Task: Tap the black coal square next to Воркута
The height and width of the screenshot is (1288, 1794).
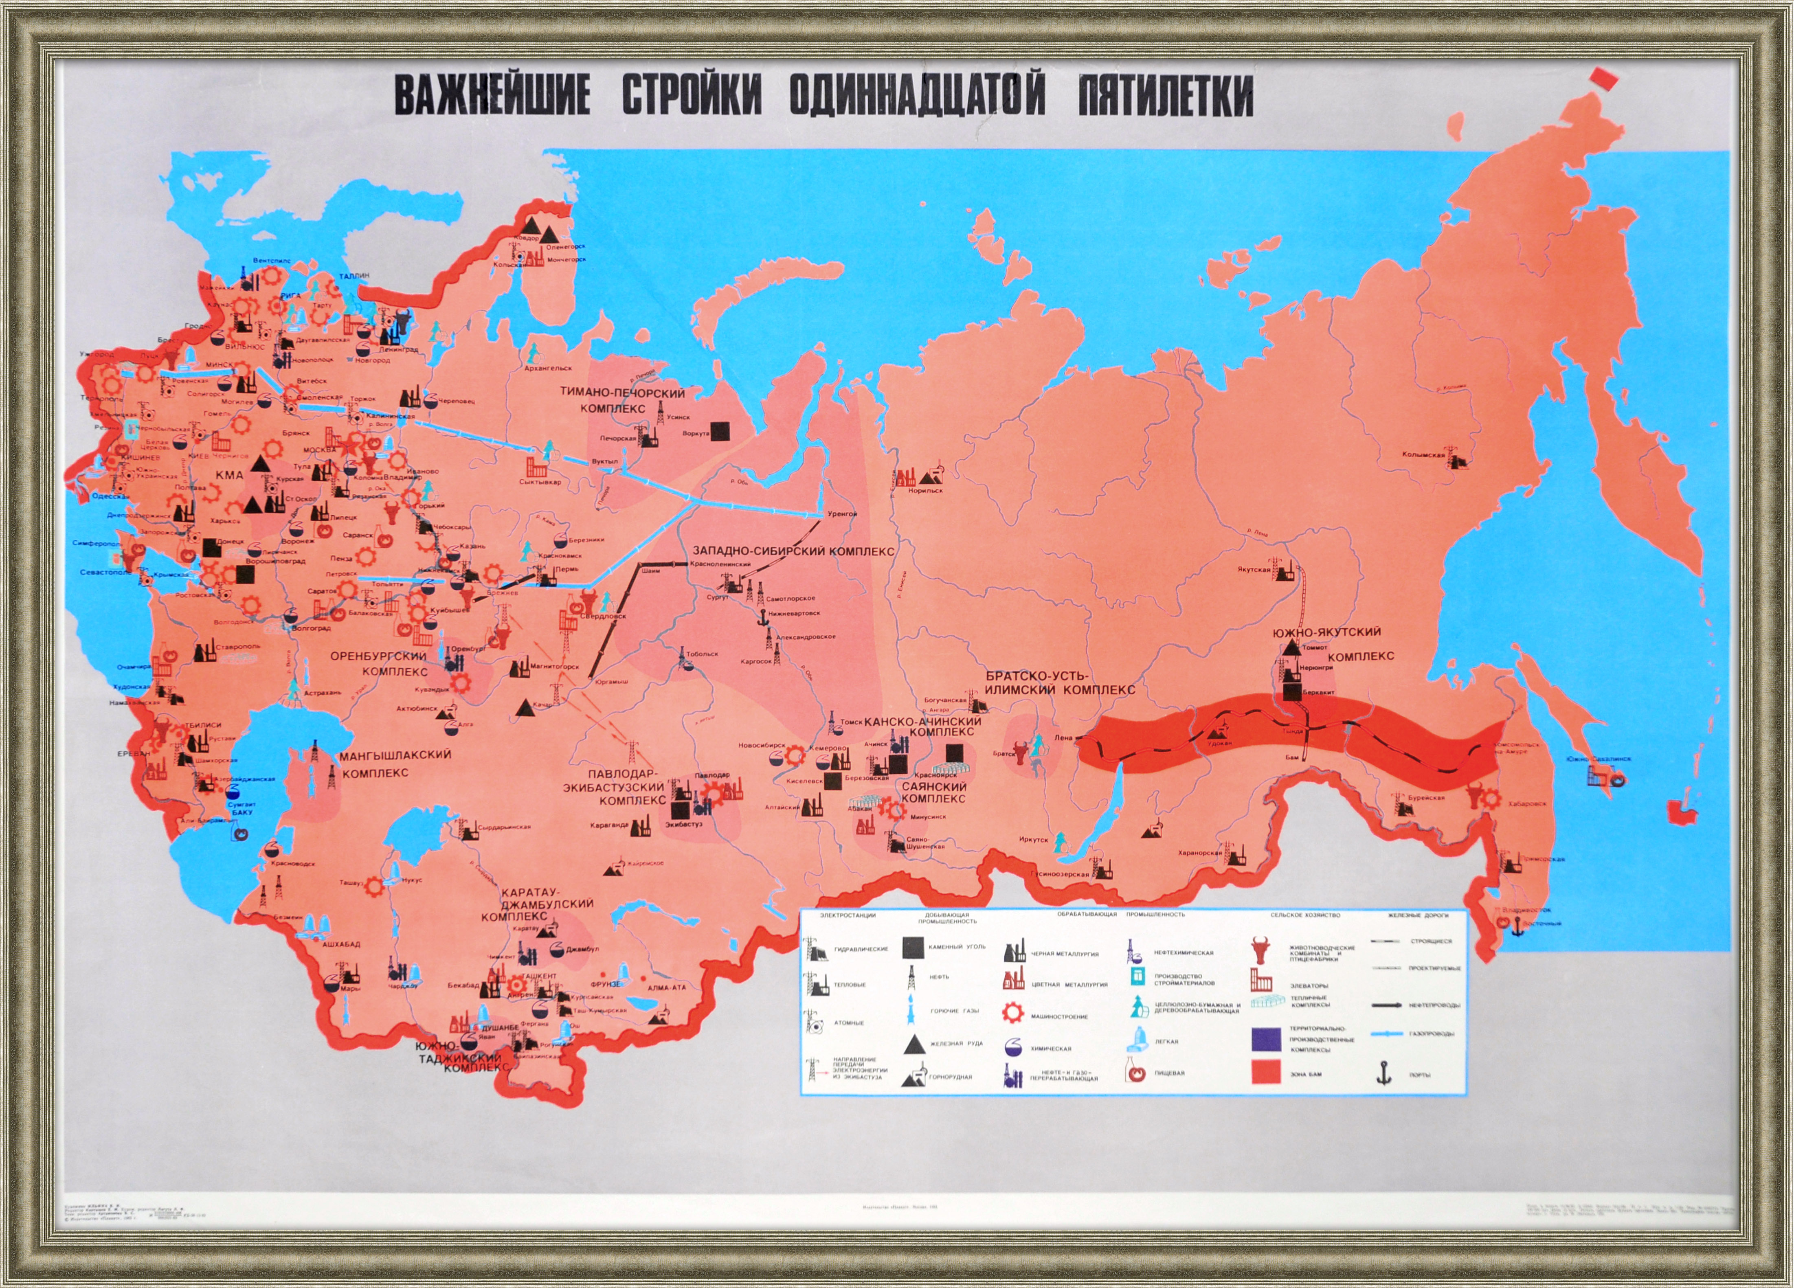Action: point(720,429)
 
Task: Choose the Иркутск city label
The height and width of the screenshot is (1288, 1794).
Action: point(1034,840)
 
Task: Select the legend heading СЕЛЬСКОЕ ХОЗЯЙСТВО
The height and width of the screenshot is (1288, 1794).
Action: point(1305,915)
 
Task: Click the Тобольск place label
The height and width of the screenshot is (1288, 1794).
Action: point(702,654)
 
